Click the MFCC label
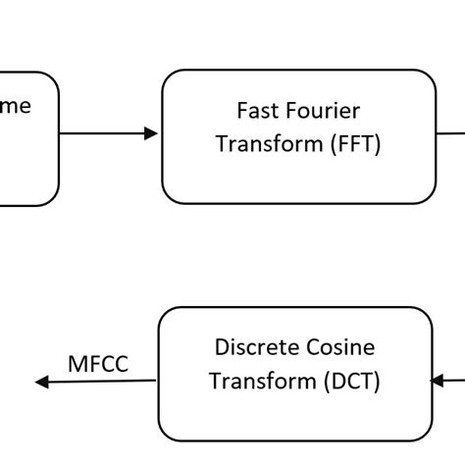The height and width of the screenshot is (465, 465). (98, 365)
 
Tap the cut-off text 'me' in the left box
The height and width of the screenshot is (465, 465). (16, 106)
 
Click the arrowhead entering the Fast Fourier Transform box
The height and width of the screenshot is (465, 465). (151, 133)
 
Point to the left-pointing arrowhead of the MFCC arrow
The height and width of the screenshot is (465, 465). (40, 383)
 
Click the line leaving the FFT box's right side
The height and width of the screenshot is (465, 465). (450, 133)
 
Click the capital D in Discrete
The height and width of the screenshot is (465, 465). (220, 346)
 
